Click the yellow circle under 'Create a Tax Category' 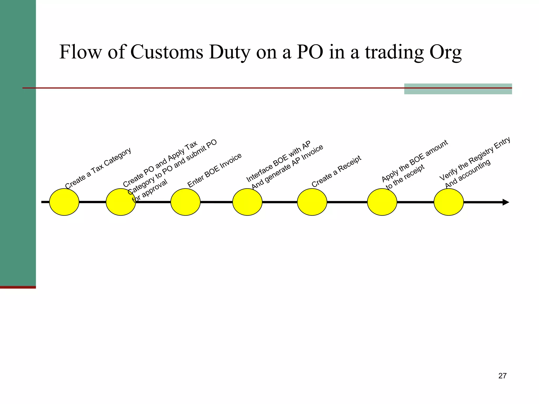(64, 202)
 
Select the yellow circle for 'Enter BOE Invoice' (186, 202)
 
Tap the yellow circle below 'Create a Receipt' (312, 202)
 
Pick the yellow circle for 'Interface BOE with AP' (247, 202)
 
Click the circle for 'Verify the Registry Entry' (449, 202)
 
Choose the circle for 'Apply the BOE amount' (382, 202)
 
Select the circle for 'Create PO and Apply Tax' (121, 202)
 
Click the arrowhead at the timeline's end (506, 202)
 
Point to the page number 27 (502, 376)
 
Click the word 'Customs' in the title (167, 52)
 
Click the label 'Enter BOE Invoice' (214, 170)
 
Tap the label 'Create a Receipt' (337, 171)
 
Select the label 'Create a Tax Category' (98, 168)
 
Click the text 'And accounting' (468, 174)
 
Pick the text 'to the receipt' (405, 177)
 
